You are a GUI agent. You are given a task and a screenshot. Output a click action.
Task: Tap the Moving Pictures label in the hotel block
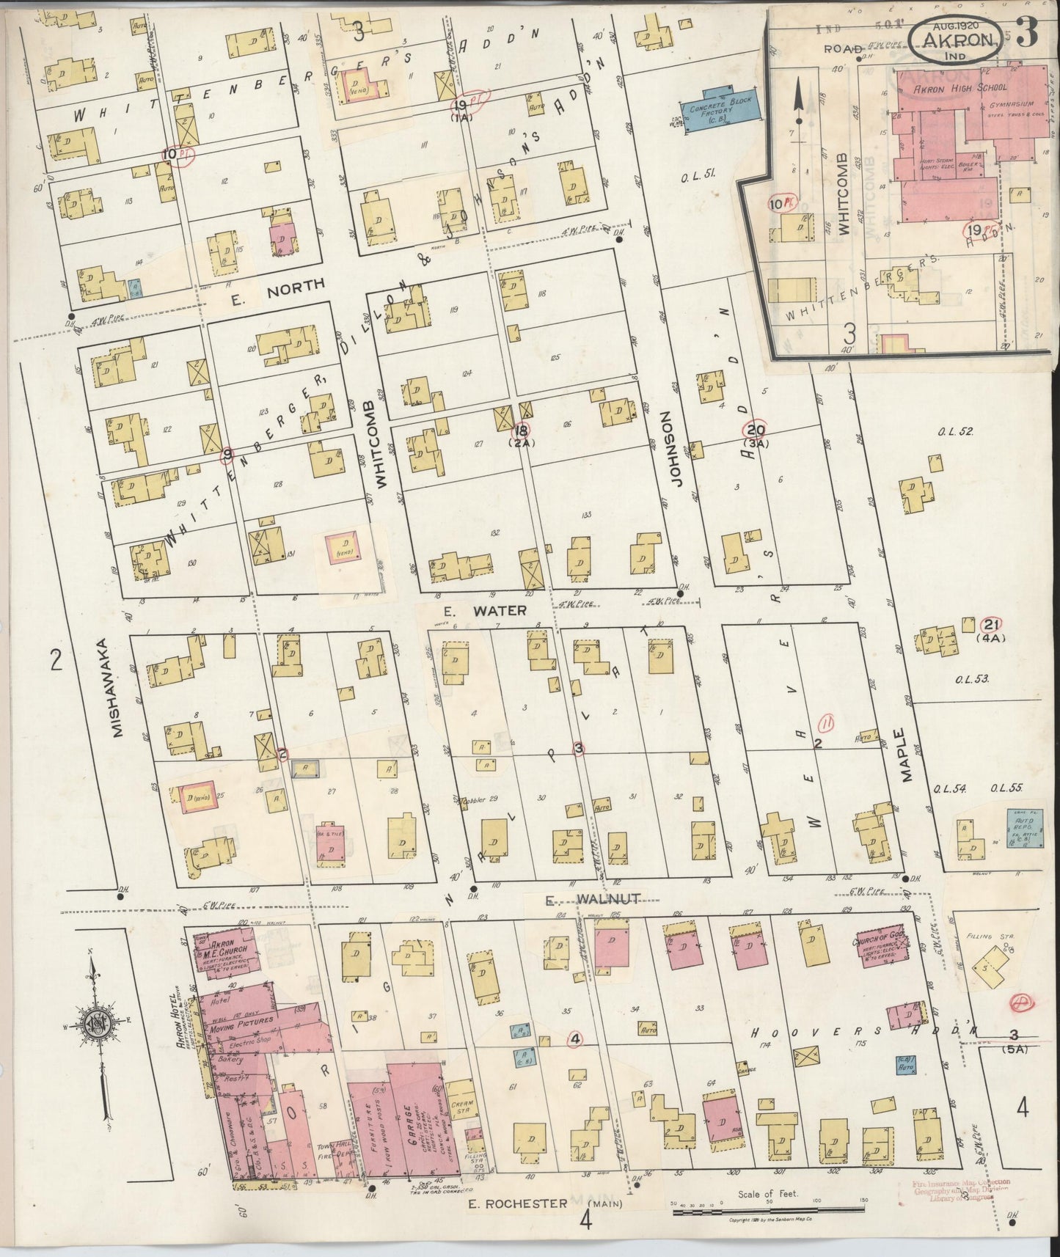click(x=244, y=1020)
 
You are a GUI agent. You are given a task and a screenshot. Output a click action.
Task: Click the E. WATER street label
click(x=484, y=610)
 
